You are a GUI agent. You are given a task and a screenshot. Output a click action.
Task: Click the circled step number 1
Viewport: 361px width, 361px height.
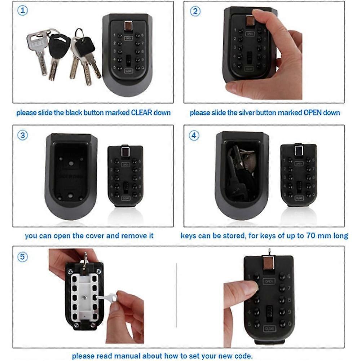(x=22, y=11)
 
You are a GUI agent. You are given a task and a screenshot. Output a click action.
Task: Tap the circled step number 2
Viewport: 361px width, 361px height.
(x=195, y=11)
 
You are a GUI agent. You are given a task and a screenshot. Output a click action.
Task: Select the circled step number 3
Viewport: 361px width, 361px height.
(x=22, y=135)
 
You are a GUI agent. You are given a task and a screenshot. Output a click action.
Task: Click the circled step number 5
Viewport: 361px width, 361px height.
(x=22, y=257)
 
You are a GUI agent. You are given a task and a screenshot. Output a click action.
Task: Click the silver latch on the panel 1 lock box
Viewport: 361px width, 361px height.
(x=128, y=26)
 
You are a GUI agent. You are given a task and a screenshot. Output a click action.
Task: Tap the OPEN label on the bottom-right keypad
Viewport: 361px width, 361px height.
(x=269, y=281)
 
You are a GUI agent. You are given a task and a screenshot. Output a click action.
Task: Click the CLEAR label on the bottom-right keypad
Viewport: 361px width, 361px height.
(x=269, y=329)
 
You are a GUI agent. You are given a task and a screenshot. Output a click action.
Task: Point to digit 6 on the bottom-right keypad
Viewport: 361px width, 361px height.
(x=289, y=276)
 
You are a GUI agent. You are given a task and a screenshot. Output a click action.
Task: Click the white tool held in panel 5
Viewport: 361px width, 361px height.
(x=106, y=299)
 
